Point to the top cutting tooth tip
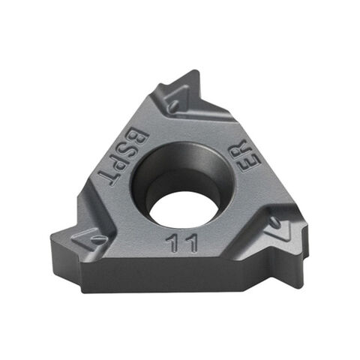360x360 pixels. pos(196,73)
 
